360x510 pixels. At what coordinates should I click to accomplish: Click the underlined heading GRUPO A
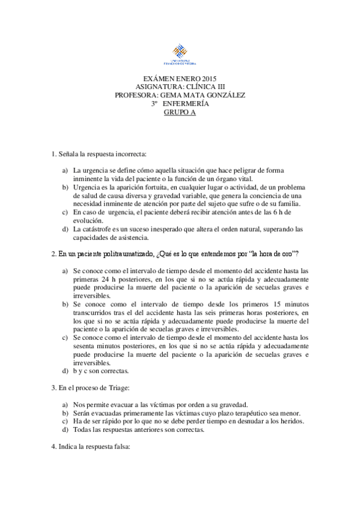click(180, 111)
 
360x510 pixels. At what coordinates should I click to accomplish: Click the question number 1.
click(53, 155)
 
